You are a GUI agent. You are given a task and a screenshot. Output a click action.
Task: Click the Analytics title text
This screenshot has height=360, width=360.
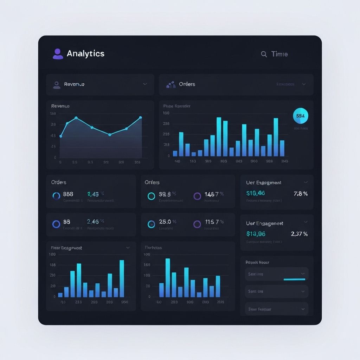85,53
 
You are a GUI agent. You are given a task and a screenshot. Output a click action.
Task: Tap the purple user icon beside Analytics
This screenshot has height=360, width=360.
58,54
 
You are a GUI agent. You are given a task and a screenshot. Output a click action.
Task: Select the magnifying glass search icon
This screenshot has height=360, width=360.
264,54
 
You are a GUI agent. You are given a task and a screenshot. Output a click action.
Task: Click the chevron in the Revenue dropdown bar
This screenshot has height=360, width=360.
145,84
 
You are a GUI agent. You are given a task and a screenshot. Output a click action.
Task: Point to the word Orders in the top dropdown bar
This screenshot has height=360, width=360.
187,84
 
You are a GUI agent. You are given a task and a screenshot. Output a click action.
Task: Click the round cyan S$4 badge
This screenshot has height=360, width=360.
300,116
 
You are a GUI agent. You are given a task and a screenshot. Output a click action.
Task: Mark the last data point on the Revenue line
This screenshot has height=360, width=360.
141,117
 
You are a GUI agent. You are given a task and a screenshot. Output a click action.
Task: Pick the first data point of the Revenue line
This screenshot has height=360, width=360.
61,136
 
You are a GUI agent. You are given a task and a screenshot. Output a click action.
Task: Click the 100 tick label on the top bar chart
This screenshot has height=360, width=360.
166,113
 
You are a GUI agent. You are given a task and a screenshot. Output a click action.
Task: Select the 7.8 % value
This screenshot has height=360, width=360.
300,193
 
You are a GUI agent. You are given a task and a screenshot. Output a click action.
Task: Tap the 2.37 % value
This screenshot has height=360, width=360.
299,234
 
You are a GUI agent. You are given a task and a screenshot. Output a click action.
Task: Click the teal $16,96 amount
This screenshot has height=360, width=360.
256,193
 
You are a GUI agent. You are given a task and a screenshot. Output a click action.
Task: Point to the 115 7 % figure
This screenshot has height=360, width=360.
214,222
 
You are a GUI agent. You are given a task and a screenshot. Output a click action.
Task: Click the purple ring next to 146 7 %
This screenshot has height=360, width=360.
197,196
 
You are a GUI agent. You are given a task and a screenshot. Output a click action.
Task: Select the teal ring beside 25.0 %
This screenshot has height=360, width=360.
151,224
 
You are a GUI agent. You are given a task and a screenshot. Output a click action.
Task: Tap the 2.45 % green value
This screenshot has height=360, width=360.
95,194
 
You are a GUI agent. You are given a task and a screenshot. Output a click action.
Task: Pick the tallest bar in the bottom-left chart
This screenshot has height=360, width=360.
122,278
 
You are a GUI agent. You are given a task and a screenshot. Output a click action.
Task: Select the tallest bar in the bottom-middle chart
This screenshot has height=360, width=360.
168,278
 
